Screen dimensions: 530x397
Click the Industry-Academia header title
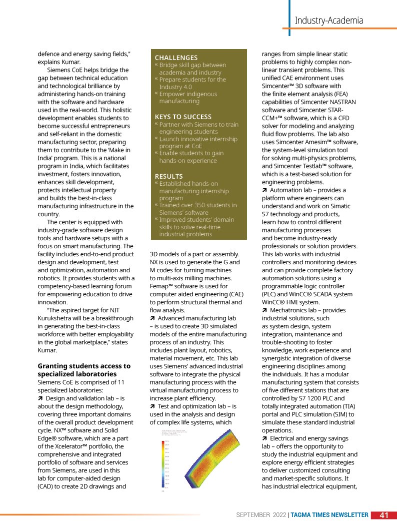[x=328, y=21]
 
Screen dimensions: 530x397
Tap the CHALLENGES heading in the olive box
[x=176, y=58]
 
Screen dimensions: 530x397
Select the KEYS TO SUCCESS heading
[x=183, y=117]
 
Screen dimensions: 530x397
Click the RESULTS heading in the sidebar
[x=168, y=176]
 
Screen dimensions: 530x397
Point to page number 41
[x=384, y=515]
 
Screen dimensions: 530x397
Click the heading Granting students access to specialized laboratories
[x=84, y=370]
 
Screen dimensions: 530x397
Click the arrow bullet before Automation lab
[x=264, y=190]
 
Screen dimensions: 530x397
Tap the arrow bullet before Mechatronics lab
[x=264, y=310]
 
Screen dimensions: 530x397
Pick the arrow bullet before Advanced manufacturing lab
[x=152, y=318]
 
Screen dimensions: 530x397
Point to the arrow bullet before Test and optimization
[x=152, y=406]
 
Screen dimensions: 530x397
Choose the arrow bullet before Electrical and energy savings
[x=264, y=438]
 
